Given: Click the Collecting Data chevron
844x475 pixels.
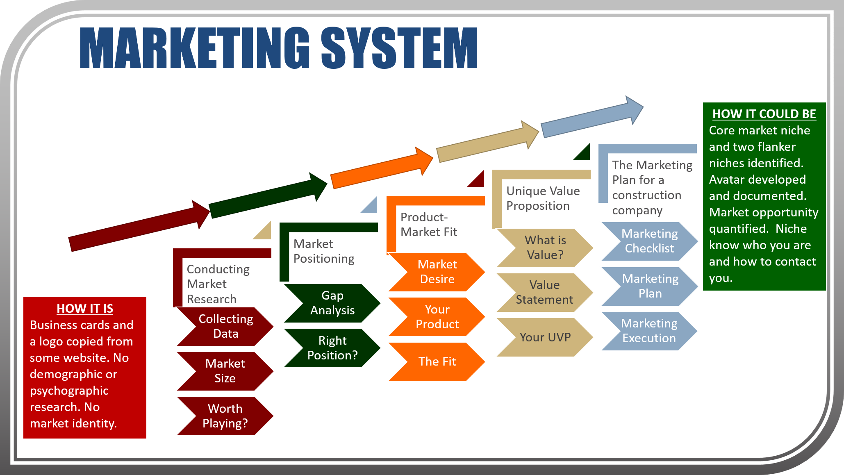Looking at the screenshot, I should [x=225, y=326].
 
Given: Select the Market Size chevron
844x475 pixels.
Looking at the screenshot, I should [x=225, y=371].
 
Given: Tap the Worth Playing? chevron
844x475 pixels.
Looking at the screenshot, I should [x=225, y=416].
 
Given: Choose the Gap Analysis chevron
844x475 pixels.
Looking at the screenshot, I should [x=332, y=303].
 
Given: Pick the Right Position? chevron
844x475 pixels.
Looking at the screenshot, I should [x=332, y=348].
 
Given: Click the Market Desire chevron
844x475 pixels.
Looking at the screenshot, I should [x=437, y=272].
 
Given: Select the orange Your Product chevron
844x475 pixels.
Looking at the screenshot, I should [x=437, y=317].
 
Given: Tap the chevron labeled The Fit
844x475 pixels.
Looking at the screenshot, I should [x=437, y=361].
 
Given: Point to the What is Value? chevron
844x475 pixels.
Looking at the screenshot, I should [x=545, y=248].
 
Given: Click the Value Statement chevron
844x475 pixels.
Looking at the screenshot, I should [x=544, y=292].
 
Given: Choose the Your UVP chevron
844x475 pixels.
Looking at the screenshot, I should [x=545, y=337].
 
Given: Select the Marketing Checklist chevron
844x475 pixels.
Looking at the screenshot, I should [x=650, y=241].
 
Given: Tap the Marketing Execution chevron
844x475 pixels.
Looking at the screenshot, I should [x=649, y=331].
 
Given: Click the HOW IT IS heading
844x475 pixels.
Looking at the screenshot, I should [x=85, y=309].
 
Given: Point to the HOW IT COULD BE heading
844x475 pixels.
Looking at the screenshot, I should [x=764, y=114].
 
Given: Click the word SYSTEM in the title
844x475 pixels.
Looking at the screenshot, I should [x=398, y=48].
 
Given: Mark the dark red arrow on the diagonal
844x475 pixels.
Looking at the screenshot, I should [x=139, y=225].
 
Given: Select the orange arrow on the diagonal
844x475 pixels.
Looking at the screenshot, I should [x=381, y=168].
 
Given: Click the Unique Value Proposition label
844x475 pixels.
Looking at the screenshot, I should [x=543, y=198].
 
